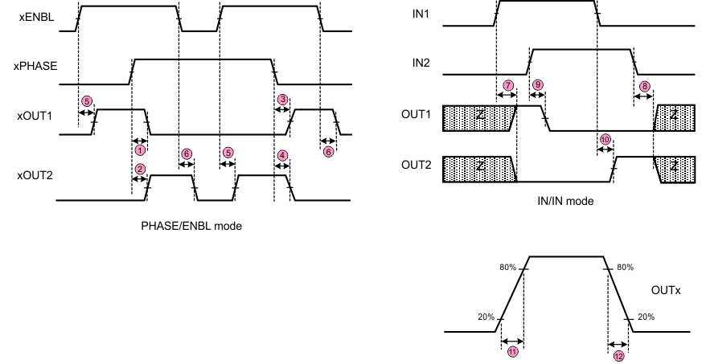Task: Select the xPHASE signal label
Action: pos(35,67)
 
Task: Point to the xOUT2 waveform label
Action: pos(34,174)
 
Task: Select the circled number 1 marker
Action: pos(140,149)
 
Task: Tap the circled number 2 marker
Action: pos(140,169)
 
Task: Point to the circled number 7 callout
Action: pos(507,84)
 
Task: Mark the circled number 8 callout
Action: pos(643,85)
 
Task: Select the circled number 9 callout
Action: pos(537,84)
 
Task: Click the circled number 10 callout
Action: pos(606,138)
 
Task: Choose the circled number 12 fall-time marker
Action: pos(618,355)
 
